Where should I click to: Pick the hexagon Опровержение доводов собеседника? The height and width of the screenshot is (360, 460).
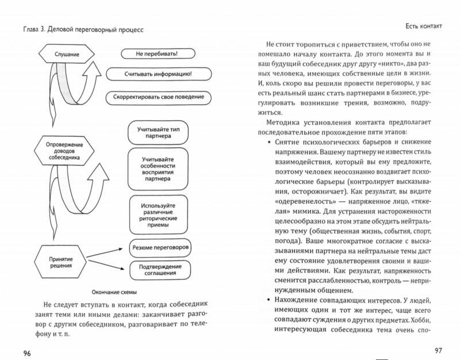coord(64,151)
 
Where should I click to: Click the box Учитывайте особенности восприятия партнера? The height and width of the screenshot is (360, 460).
coord(158,167)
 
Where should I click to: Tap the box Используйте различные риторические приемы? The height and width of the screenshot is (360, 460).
coord(158,211)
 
